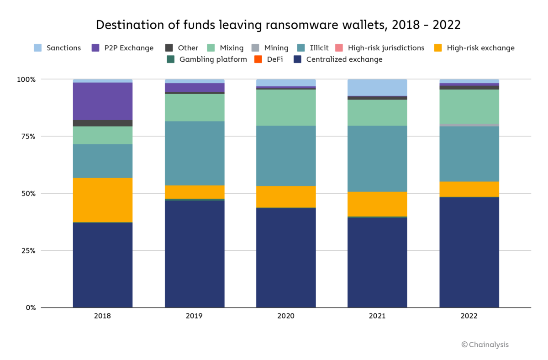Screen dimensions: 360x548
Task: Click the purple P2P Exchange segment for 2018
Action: point(103,101)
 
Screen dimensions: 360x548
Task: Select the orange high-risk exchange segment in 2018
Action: point(103,200)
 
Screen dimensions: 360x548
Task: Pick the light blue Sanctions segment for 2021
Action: point(377,87)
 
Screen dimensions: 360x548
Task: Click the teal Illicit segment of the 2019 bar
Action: point(195,153)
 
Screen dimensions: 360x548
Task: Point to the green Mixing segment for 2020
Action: point(286,107)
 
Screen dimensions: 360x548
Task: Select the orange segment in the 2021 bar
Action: point(377,204)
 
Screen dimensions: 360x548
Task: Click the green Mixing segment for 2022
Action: point(469,106)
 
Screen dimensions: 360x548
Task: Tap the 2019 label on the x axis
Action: point(195,316)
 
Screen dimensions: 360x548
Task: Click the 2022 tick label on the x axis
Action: point(469,316)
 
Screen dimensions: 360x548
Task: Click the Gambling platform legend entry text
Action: point(213,59)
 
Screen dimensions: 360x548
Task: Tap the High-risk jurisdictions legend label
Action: point(386,48)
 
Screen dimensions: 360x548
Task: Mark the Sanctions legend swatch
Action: point(38,48)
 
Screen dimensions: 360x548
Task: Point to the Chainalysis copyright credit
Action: point(485,344)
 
